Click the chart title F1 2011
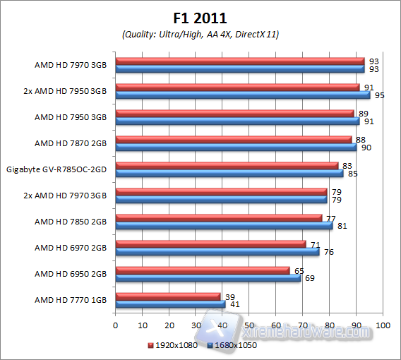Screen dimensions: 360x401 tap(200, 18)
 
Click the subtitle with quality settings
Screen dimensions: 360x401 tap(200, 35)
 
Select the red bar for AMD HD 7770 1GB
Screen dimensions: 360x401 tap(168, 296)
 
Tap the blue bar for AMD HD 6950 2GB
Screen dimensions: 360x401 tap(208, 278)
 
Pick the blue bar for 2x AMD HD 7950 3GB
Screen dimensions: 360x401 tap(243, 95)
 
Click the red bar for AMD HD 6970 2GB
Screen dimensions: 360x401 tap(210, 244)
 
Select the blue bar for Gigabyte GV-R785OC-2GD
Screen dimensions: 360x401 tap(229, 174)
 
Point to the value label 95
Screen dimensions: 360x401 tap(376, 95)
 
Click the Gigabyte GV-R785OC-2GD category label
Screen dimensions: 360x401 tap(56, 169)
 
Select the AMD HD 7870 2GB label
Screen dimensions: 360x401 tap(71, 143)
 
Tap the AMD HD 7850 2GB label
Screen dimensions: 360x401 tap(71, 222)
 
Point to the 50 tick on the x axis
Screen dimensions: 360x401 tap(249, 325)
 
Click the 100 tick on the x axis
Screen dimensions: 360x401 tap(383, 325)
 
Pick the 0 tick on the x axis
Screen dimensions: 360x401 tap(116, 325)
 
